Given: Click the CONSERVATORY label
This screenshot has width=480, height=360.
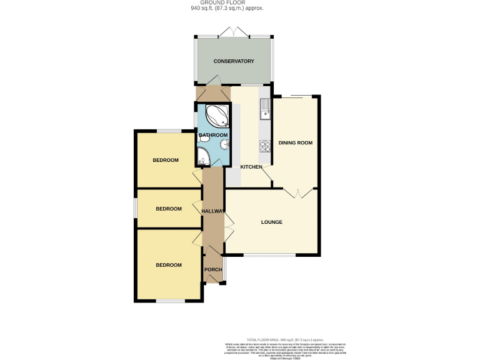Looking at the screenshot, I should tap(234, 61).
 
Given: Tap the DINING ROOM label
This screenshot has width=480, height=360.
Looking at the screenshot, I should tap(295, 143).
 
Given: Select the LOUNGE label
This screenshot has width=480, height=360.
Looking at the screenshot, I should tap(272, 222).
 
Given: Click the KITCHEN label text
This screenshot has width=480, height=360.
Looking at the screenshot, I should tap(252, 167).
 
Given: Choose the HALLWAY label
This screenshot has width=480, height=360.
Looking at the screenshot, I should tap(212, 211).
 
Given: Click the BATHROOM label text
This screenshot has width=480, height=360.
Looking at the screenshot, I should tap(213, 135).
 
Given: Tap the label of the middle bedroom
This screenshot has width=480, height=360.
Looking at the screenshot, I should tap(169, 209).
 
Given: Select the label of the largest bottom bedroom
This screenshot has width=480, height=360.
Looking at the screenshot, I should tap(169, 265).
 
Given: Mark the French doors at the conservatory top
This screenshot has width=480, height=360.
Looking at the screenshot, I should tap(234, 33).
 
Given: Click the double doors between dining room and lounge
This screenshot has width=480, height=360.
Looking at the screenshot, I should tap(296, 192).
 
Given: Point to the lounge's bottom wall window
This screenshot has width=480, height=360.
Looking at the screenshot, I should tap(269, 255).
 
